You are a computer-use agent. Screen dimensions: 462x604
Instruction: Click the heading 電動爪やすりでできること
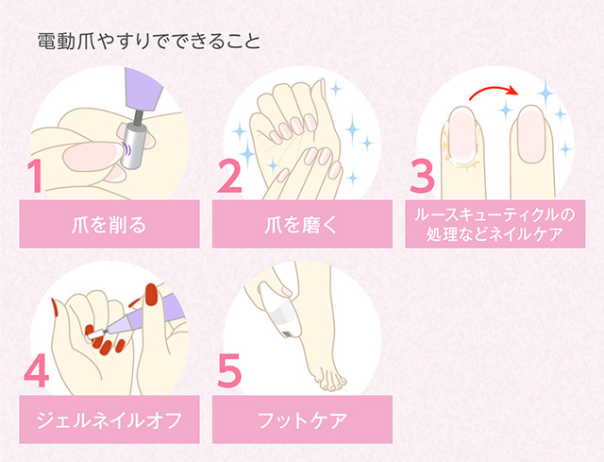tap(149, 43)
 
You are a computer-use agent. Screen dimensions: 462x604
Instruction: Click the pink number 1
tap(36, 176)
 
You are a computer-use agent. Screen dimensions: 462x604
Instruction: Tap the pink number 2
tap(228, 176)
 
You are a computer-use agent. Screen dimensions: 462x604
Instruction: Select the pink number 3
tap(423, 176)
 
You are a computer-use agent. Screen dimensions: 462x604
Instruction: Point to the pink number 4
tap(35, 373)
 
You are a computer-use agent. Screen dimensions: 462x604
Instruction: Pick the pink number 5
tap(229, 373)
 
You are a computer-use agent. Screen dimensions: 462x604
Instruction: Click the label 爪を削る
tap(109, 226)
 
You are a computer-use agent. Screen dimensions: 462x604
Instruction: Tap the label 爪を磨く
tap(301, 226)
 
